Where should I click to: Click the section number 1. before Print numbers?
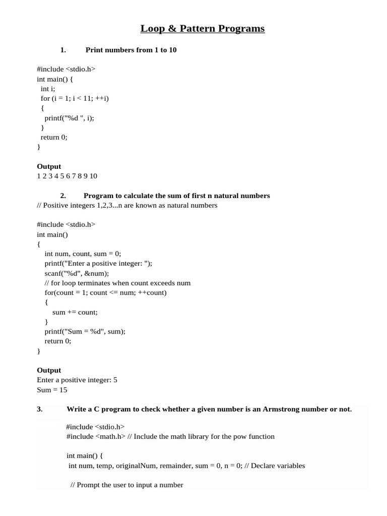point(63,50)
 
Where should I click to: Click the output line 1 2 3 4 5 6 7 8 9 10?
point(67,176)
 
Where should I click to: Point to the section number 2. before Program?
point(63,196)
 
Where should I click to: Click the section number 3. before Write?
point(40,409)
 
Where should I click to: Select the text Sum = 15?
point(52,390)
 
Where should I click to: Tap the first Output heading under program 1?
point(49,166)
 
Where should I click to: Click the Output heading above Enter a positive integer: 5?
point(49,370)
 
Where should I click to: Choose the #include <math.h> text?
point(96,436)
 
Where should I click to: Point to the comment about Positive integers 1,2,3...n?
point(127,205)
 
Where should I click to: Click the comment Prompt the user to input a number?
point(126,485)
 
